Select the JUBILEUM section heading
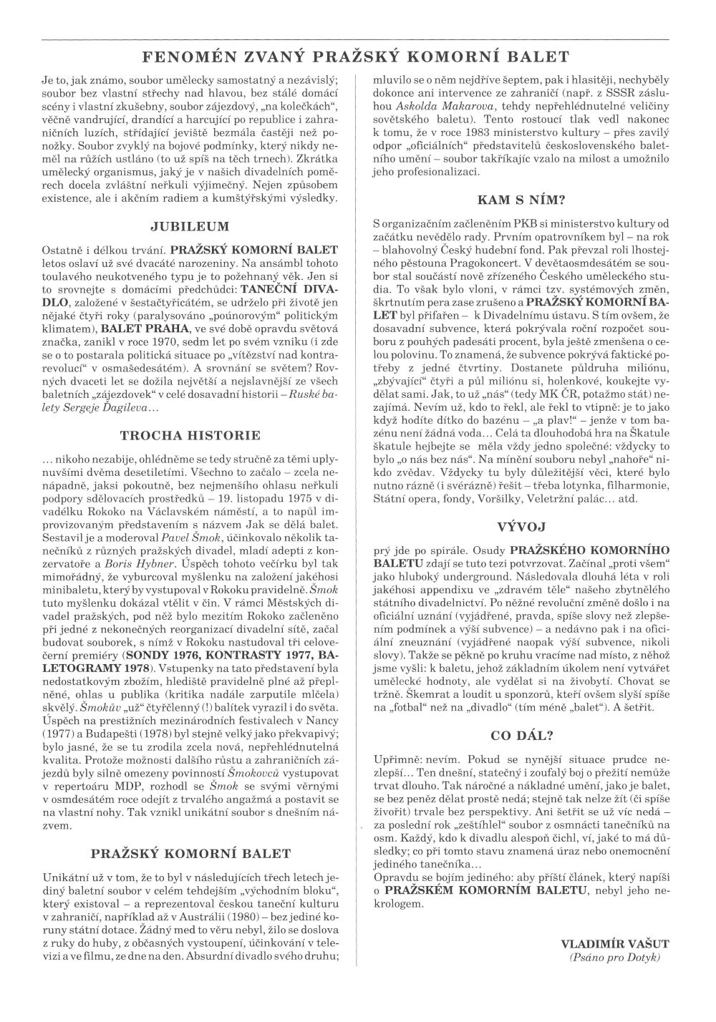[x=190, y=227]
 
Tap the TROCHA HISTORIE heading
[x=190, y=434]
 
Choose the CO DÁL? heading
[x=523, y=735]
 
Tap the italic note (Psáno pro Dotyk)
[x=615, y=957]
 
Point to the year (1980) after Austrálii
[x=261, y=918]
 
